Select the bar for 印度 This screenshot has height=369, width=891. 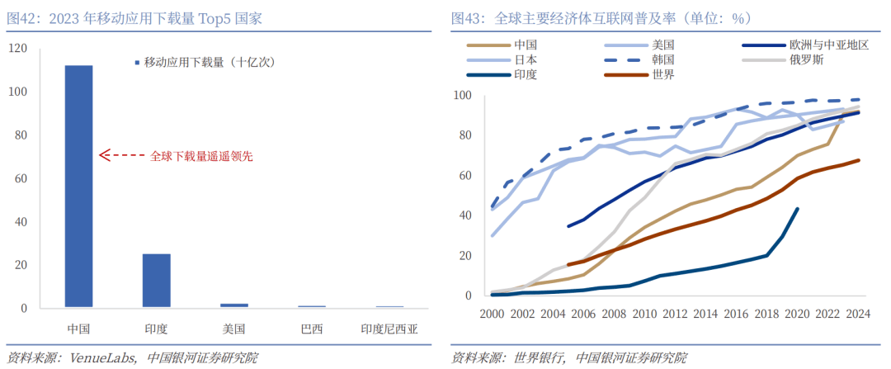click(x=157, y=280)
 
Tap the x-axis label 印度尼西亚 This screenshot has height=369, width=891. click(x=389, y=329)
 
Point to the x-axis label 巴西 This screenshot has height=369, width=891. click(x=312, y=329)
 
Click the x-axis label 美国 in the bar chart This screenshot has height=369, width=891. click(x=234, y=329)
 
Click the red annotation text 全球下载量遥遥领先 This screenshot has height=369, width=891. click(x=201, y=154)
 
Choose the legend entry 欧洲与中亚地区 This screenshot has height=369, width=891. click(x=829, y=45)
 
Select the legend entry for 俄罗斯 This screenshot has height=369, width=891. click(x=806, y=59)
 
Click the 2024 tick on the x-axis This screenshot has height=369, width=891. click(x=857, y=314)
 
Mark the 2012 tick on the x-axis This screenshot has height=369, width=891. click(x=674, y=314)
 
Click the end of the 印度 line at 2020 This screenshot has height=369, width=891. click(x=797, y=209)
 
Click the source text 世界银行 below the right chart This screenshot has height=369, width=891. click(x=538, y=357)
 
